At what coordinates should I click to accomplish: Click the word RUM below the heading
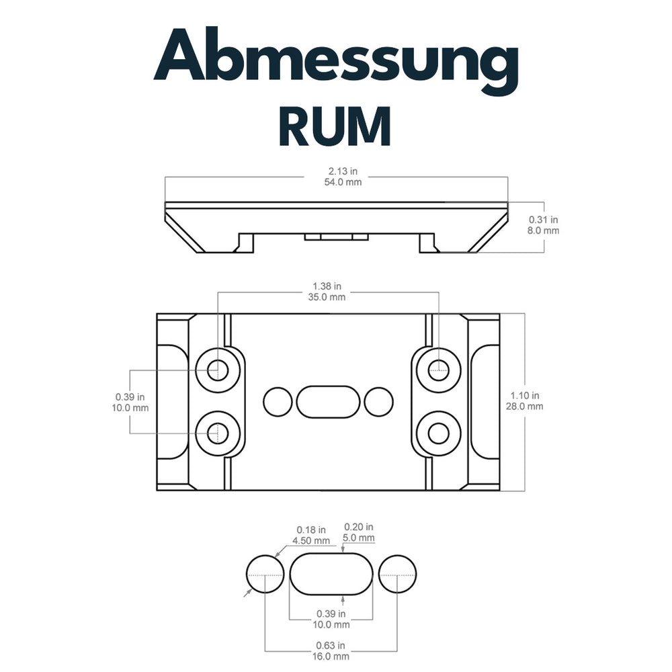pos(335,126)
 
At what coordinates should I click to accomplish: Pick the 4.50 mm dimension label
pos(311,540)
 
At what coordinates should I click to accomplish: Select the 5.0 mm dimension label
pos(359,538)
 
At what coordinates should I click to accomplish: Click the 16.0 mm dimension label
pos(332,656)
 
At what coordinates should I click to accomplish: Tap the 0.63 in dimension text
pos(332,645)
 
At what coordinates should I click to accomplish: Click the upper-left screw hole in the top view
pos(217,369)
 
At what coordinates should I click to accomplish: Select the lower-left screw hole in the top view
pos(217,433)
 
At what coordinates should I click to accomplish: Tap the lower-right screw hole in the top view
pos(439,433)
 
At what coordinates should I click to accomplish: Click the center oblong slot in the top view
pos(327,401)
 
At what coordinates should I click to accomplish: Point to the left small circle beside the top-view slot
pos(277,401)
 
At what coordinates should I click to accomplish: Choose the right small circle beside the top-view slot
pos(378,401)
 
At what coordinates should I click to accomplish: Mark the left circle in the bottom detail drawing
pos(265,575)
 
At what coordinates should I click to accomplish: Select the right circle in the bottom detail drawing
pos(397,575)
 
